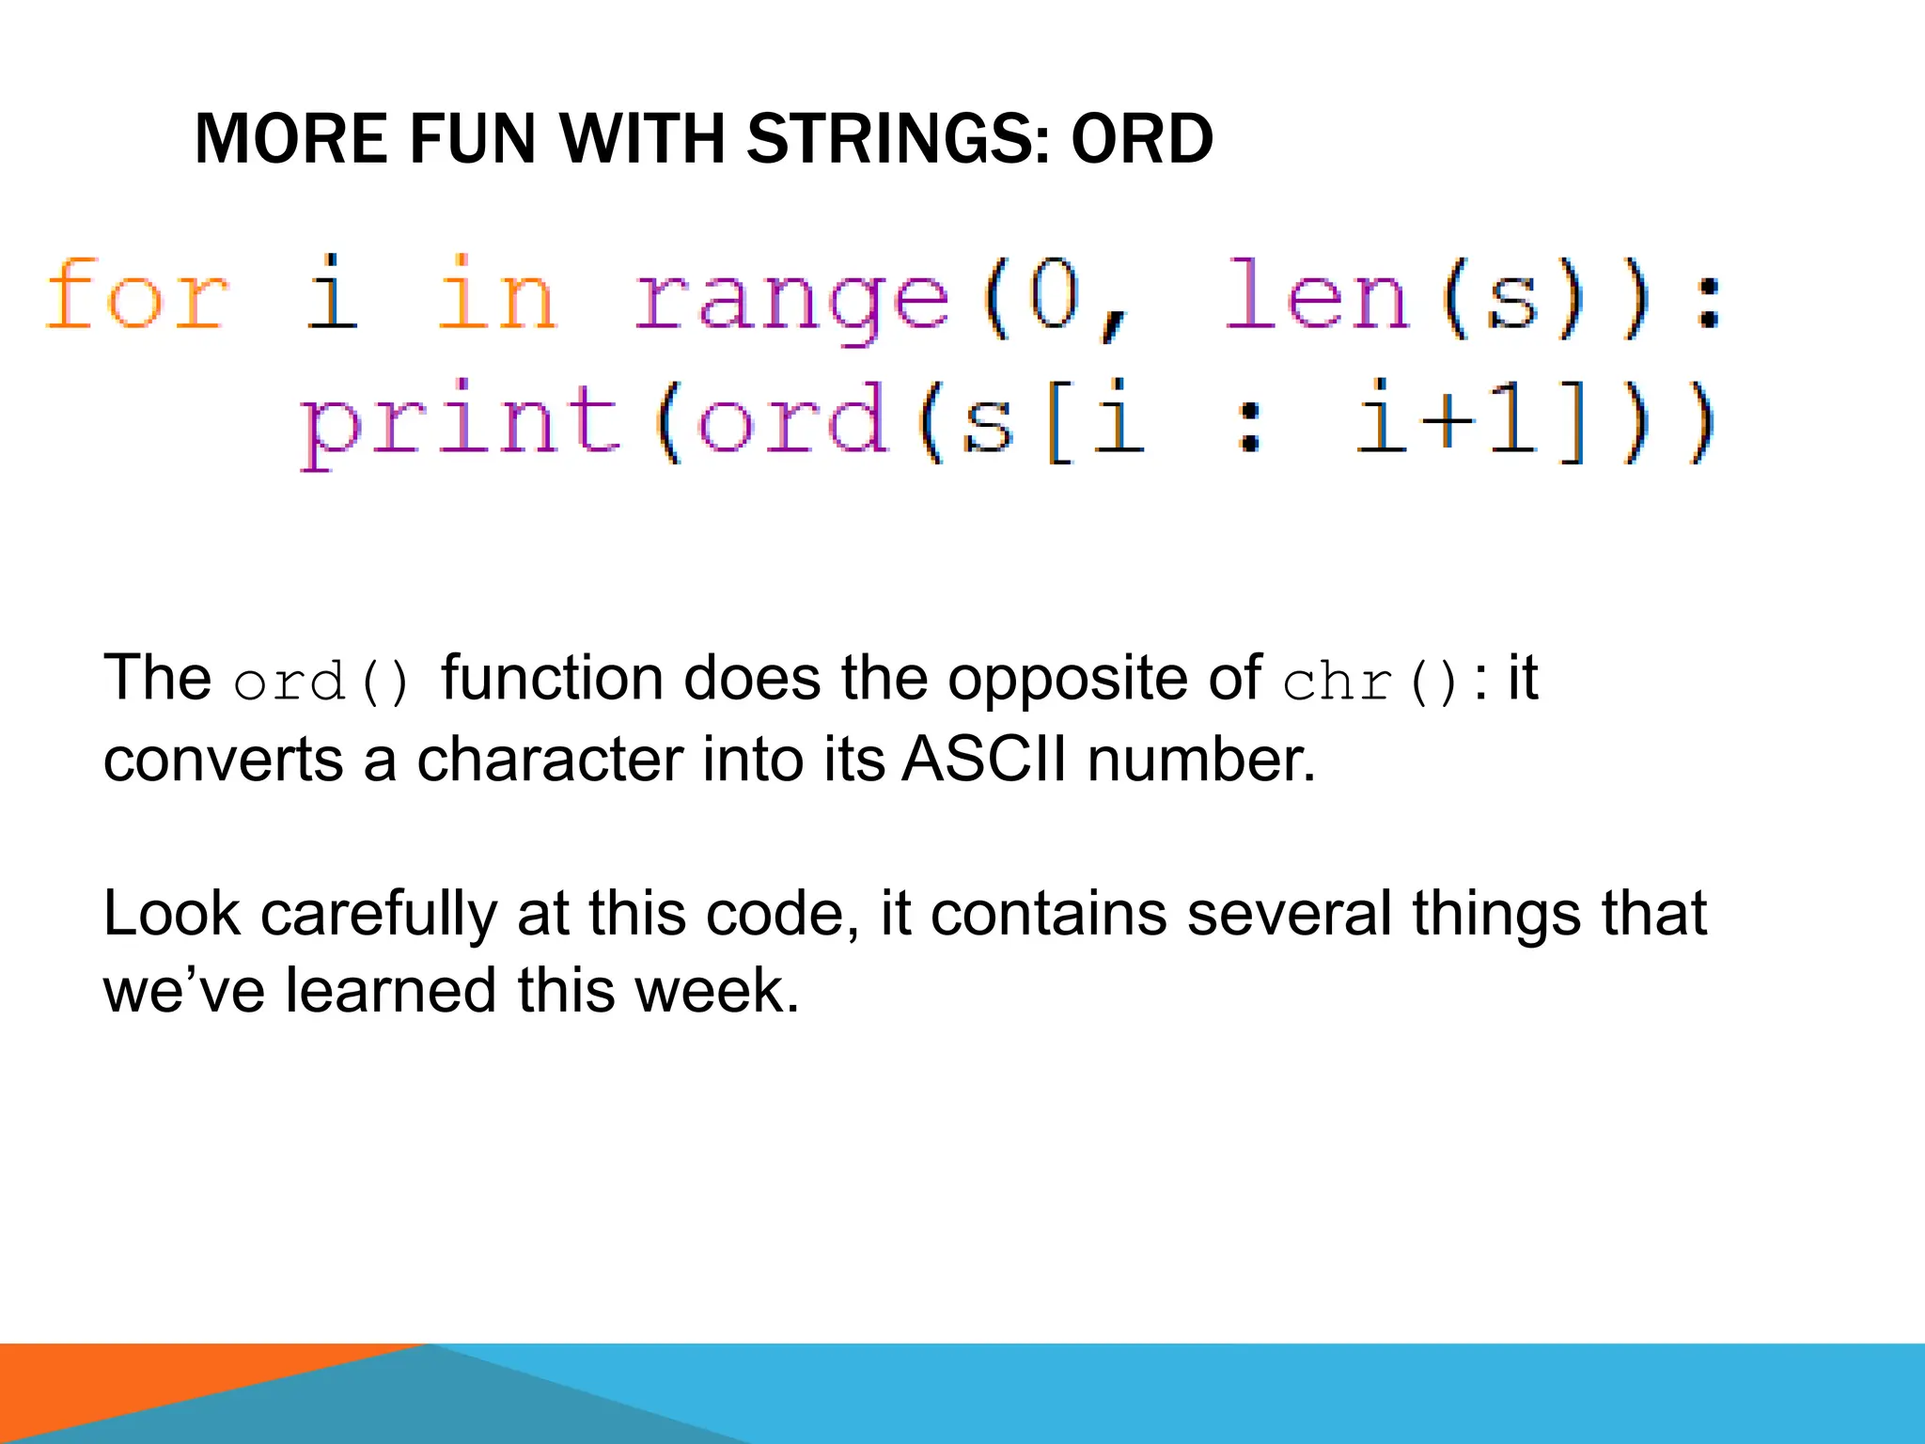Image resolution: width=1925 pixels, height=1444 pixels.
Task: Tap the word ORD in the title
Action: (1141, 139)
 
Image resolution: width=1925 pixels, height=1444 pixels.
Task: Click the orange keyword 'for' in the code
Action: (137, 295)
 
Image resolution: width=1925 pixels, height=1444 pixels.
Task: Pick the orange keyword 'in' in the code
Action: (498, 295)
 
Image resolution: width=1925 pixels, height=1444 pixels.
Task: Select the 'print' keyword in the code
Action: (461, 423)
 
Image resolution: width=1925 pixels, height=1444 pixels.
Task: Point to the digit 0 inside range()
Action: (1053, 295)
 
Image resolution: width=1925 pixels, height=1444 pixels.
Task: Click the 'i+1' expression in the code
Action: (1448, 421)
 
